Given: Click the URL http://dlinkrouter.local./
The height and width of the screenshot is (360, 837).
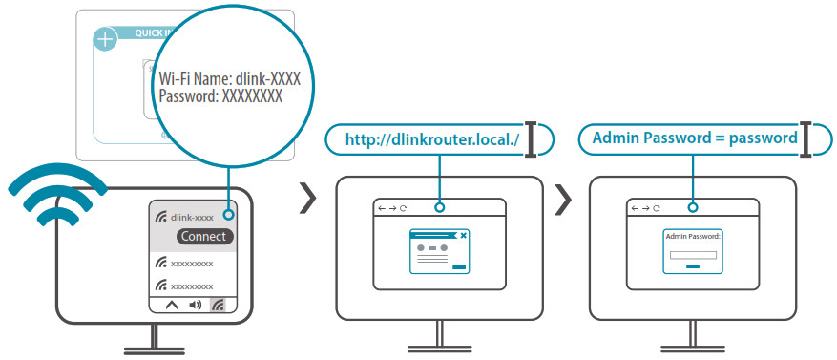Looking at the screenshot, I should pos(431,139).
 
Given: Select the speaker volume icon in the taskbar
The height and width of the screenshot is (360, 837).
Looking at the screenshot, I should pos(195,306).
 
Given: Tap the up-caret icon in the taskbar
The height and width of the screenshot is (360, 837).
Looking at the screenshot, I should pos(171,306).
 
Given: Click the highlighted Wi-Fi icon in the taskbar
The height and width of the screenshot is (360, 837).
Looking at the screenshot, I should pos(220,306).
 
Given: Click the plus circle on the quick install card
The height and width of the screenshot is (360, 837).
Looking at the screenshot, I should pos(104,40).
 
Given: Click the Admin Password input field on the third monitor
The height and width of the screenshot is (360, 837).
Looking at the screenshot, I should pos(693,255).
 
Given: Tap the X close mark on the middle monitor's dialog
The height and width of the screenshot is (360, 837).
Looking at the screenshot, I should pos(463,234).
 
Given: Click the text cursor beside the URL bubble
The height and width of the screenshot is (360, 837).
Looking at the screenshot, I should pos(532,138).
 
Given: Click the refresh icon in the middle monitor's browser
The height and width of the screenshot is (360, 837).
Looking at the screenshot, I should pos(403,207).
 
